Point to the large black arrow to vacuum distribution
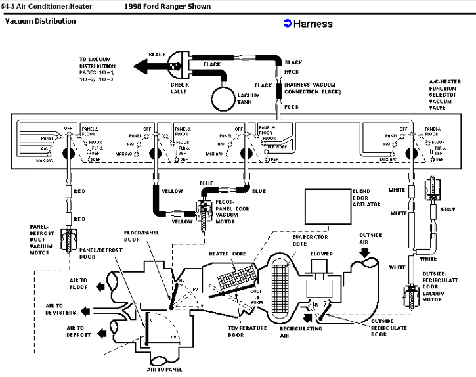point(148,65)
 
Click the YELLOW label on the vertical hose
point(163,191)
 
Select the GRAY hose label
point(449,209)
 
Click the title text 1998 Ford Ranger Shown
point(167,7)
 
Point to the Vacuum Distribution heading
point(40,21)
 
